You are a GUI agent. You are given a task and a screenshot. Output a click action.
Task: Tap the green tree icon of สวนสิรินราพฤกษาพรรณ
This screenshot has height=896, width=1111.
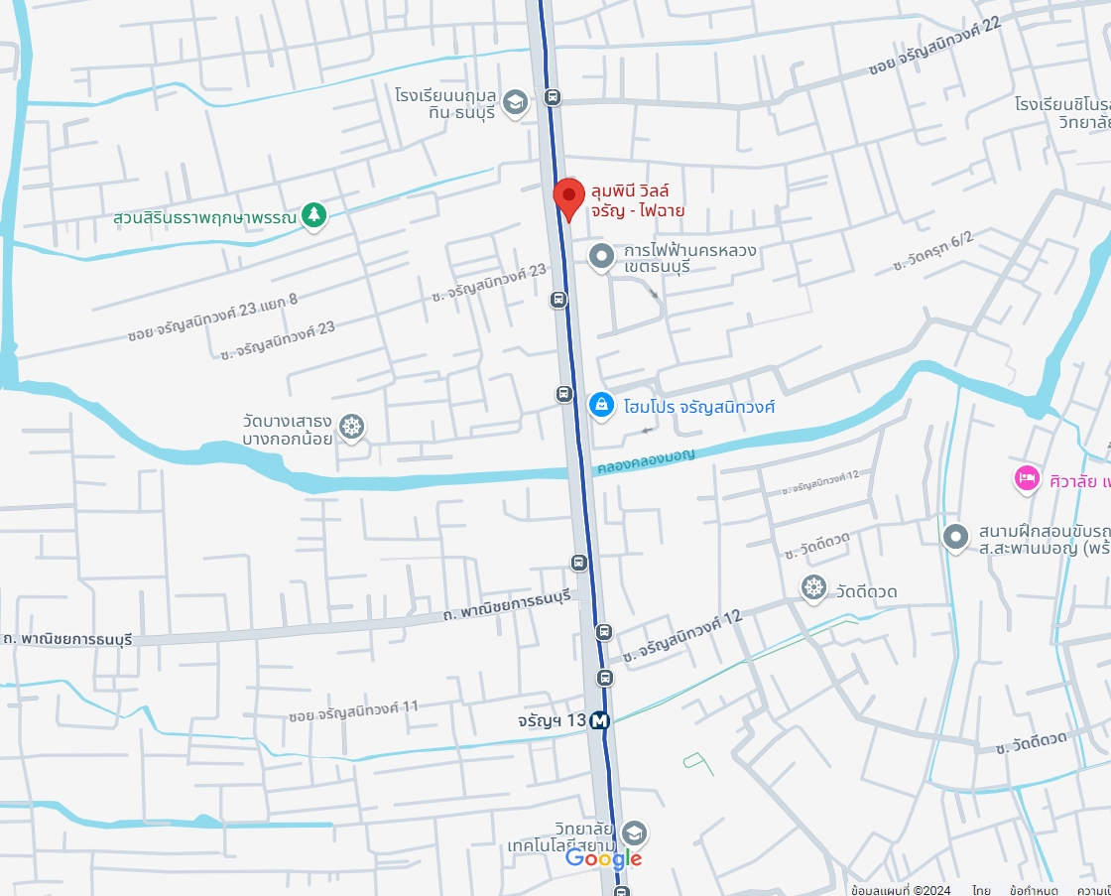314,214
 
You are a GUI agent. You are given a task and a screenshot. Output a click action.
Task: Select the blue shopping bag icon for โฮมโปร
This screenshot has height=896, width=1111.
600,405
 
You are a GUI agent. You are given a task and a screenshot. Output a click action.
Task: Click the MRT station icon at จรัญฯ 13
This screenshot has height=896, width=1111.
599,721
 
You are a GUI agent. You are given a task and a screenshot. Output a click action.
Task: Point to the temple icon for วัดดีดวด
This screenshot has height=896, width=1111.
814,588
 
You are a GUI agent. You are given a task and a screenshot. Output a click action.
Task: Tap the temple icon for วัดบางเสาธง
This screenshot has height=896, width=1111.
351,428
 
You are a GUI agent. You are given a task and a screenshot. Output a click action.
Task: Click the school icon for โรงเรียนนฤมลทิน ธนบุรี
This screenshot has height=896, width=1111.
515,102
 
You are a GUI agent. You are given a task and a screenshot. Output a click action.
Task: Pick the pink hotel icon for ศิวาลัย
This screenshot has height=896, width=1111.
1026,479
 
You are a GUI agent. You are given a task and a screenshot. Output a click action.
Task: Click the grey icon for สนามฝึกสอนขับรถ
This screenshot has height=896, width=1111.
955,537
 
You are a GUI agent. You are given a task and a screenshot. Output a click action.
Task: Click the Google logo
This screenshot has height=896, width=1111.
603,859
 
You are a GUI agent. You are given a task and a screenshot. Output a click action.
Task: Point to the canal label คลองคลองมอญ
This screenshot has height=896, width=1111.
646,461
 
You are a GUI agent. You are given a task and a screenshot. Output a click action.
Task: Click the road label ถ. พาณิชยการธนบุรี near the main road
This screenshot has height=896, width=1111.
509,606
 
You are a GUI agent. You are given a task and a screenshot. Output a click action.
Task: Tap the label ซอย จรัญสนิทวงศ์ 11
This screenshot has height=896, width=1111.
353,710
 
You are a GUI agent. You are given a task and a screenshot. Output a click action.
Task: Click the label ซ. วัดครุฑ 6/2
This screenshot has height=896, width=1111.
932,252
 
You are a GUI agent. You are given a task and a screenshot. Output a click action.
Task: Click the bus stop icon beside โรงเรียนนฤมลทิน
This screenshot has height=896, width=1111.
553,97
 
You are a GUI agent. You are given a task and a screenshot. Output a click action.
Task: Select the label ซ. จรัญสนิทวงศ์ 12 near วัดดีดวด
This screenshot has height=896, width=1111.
682,637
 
